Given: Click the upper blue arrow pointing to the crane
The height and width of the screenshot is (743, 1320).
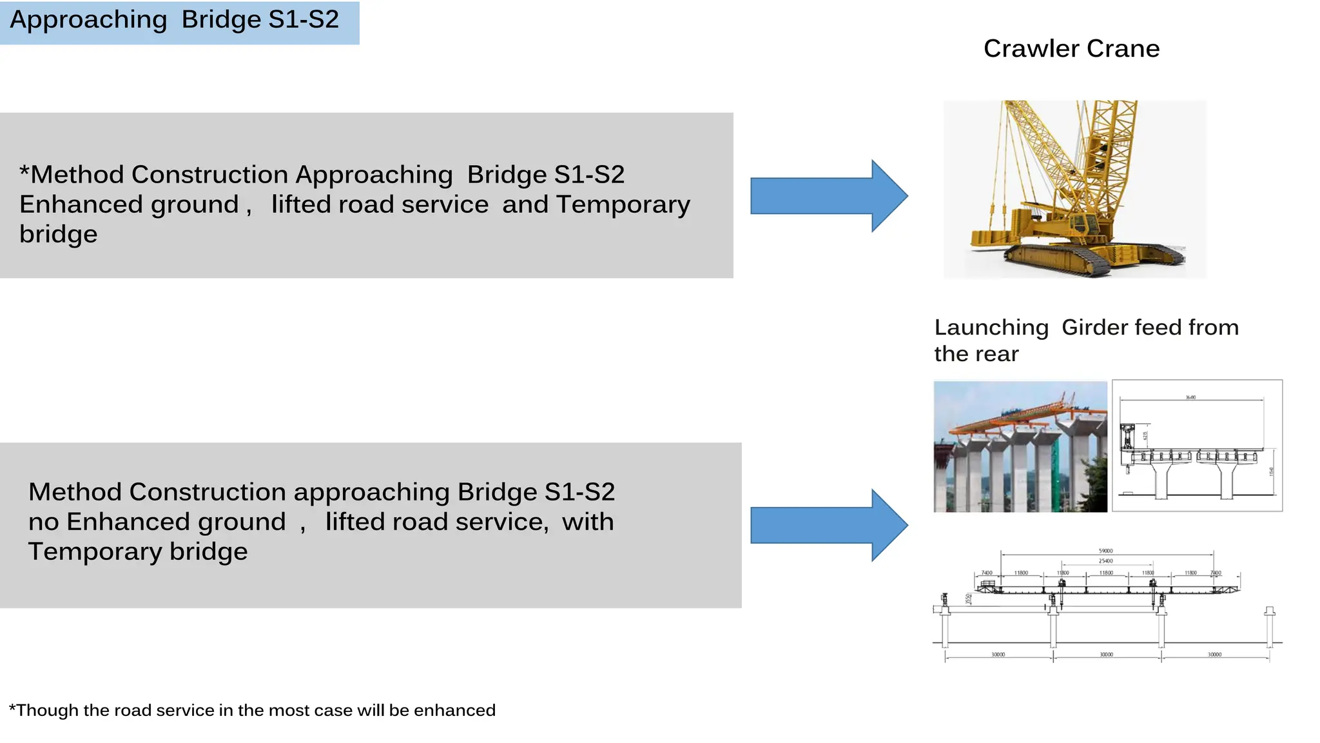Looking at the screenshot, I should click(x=828, y=196).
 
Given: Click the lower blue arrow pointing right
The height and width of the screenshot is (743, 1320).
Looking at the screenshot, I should click(x=828, y=526).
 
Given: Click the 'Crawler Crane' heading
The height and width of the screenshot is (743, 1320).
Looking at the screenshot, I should click(x=1071, y=49).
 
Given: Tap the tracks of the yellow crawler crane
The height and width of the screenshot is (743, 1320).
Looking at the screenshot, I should click(x=1096, y=261).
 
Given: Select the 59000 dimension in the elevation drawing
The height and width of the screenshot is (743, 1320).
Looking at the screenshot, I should click(x=1105, y=551).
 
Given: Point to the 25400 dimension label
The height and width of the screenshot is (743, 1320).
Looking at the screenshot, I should click(x=1105, y=561).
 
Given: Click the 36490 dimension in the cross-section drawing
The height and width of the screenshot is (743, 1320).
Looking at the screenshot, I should click(x=1190, y=397).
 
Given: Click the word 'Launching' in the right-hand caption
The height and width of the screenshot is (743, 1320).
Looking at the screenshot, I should click(x=991, y=328).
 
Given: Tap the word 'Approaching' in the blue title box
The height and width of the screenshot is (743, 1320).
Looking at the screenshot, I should click(x=88, y=20).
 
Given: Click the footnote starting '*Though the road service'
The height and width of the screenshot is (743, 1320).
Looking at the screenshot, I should click(x=252, y=710).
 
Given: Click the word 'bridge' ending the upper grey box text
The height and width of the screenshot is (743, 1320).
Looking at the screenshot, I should click(x=58, y=234).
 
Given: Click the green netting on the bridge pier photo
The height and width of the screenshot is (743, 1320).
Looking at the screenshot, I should click(x=1056, y=471).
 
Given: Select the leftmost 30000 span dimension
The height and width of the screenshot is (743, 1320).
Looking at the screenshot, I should click(x=998, y=655).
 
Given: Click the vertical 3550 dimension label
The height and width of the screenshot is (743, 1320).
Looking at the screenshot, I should click(x=968, y=599).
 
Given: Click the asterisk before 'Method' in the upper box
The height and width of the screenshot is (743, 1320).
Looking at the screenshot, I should click(x=24, y=173).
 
